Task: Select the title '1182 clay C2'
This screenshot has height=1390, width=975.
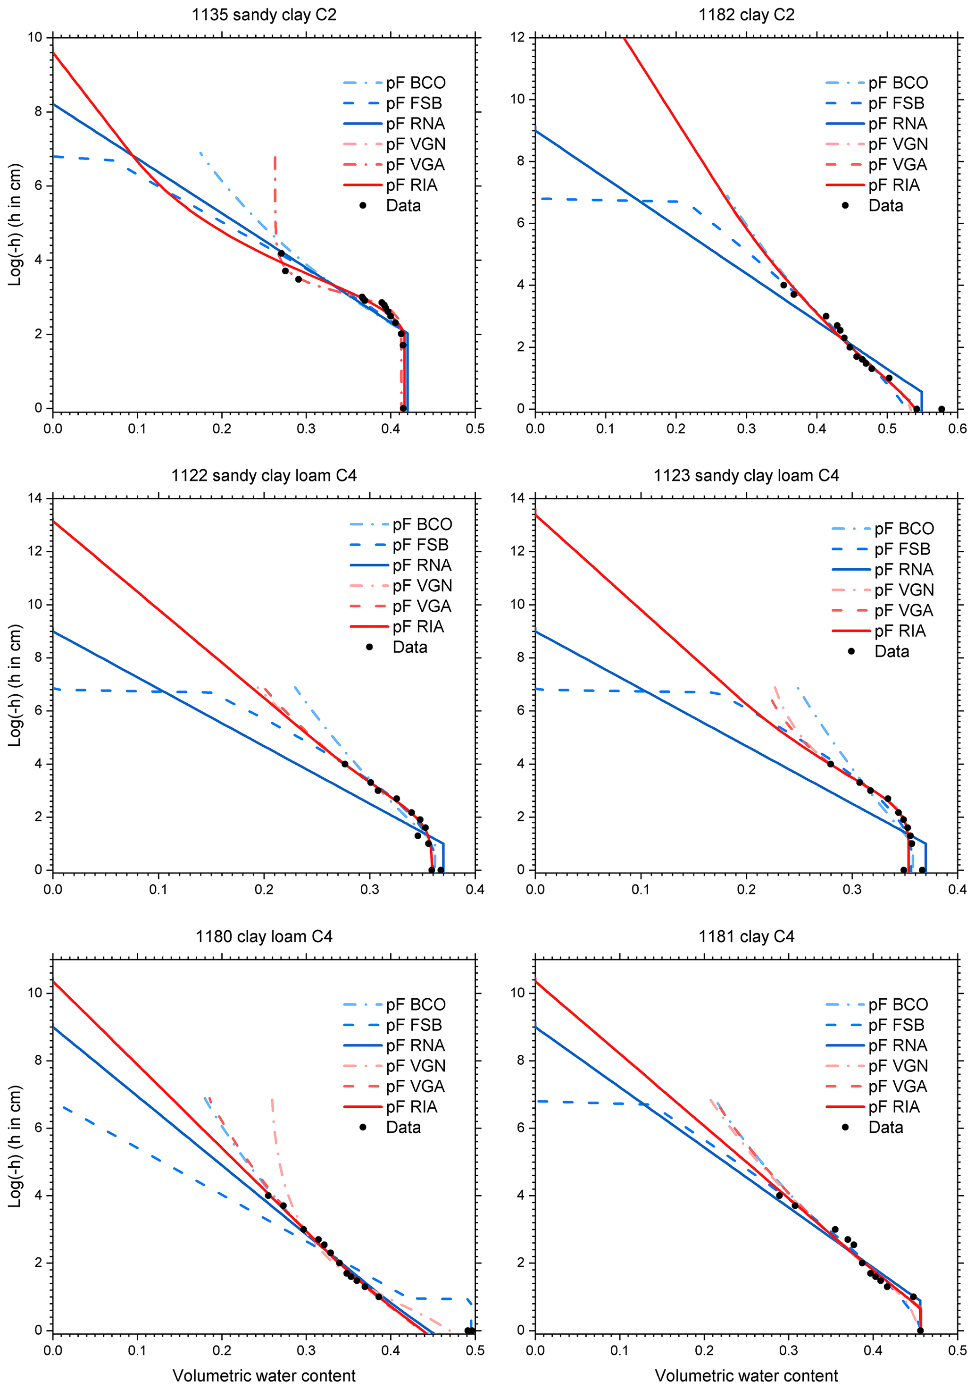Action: (746, 15)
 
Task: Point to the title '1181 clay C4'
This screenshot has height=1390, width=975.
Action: (746, 936)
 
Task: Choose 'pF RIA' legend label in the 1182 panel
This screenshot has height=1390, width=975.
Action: (894, 185)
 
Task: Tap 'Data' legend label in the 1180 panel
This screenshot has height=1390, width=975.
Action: (403, 1127)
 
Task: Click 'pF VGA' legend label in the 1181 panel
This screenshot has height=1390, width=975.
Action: (898, 1086)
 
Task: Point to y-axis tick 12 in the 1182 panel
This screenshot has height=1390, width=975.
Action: (518, 38)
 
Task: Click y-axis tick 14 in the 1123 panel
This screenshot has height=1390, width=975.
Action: (518, 498)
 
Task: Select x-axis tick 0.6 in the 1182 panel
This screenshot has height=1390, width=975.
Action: (958, 429)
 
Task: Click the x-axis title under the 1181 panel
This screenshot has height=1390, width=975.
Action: (746, 1375)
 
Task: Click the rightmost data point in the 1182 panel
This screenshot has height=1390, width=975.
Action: (941, 409)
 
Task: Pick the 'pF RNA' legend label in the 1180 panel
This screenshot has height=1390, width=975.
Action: (415, 1045)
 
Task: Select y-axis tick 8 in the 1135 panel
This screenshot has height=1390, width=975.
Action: (39, 111)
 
